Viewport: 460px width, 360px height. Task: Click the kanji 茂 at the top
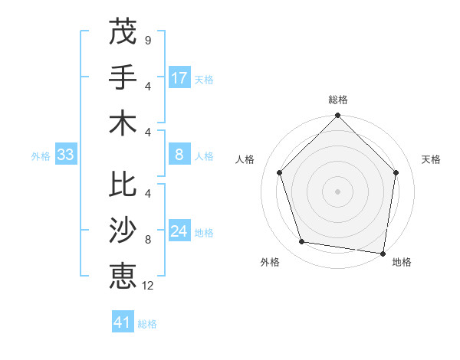click(123, 31)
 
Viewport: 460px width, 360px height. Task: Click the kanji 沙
click(123, 231)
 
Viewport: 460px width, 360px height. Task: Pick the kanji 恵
click(123, 276)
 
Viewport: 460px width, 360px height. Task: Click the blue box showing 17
click(179, 77)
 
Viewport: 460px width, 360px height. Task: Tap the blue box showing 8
click(179, 155)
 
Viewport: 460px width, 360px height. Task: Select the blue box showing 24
click(179, 232)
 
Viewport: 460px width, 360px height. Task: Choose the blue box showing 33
click(65, 155)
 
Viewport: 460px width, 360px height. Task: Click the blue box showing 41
click(123, 322)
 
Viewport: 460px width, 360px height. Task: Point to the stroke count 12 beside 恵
click(148, 286)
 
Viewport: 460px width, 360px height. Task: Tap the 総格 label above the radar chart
click(338, 100)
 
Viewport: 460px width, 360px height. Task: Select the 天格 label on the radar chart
click(432, 159)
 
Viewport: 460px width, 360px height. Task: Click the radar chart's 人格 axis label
click(245, 159)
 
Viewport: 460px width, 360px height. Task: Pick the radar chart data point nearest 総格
click(338, 117)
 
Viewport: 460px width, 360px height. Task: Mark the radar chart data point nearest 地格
click(383, 253)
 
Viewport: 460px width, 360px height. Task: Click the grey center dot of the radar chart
click(338, 191)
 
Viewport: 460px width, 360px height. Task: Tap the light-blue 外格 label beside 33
click(41, 156)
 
